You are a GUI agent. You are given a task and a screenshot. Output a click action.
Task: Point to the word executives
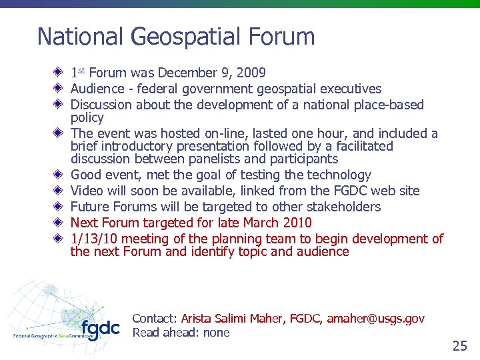(x=351, y=89)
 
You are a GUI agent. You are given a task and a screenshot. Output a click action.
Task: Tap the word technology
(x=339, y=175)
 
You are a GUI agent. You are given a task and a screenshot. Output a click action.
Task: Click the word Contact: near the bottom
(x=155, y=319)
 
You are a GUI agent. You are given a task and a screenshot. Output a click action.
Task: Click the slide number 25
(x=459, y=345)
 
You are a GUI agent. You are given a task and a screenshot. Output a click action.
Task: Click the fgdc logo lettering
(x=101, y=329)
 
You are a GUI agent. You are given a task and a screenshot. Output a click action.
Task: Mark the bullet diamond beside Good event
(x=59, y=175)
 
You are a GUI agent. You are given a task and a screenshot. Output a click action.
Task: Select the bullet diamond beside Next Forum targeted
(x=59, y=223)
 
